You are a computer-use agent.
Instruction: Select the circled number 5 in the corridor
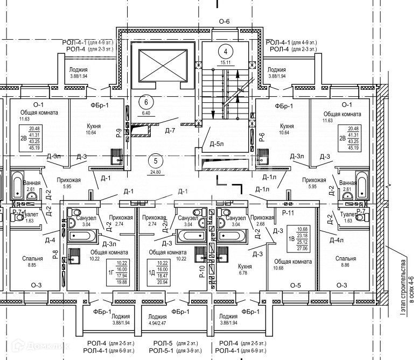pos(156,160)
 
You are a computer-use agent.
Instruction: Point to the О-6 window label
pos(224,22)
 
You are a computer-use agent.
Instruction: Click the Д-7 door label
pos(171,131)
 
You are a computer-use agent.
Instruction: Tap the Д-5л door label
pos(216,144)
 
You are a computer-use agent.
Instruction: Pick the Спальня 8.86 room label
pos(345,262)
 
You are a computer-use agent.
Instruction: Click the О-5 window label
pos(295,285)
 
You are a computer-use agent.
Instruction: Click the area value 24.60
pos(156,172)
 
